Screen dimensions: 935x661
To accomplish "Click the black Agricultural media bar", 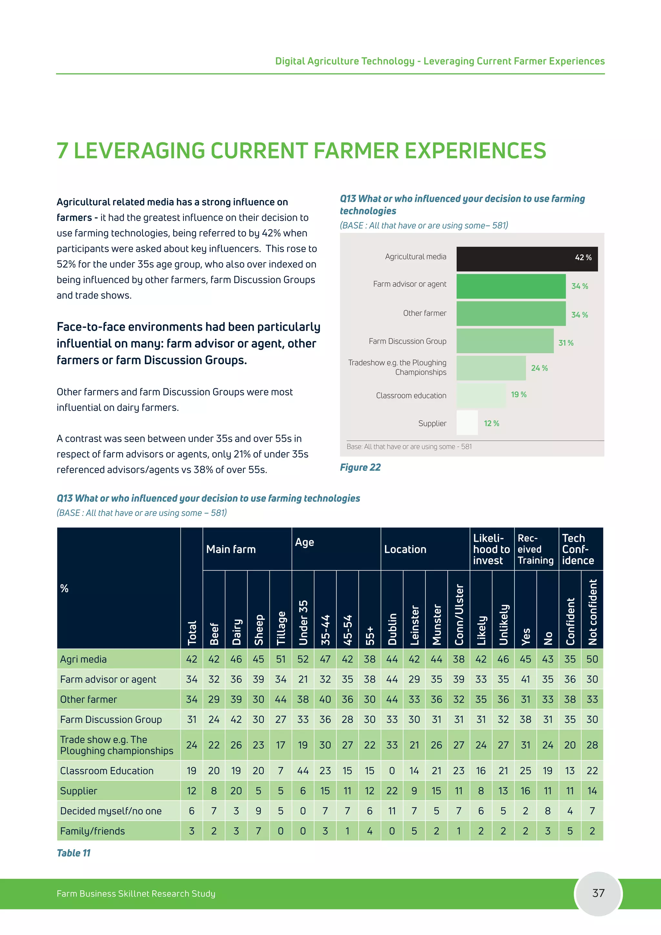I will [527, 259].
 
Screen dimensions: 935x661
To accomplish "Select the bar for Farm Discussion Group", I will [505, 341].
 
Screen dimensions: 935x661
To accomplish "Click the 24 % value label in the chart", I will [539, 368].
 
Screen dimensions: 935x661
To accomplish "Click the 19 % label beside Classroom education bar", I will [519, 395].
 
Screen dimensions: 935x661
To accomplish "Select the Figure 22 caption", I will [360, 467].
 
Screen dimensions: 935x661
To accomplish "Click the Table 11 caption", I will [74, 853].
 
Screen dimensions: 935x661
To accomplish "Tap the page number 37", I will [598, 893].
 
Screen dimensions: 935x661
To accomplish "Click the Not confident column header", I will [592, 612].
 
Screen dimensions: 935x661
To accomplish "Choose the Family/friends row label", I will [92, 831].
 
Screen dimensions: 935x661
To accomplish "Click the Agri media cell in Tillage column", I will [281, 659].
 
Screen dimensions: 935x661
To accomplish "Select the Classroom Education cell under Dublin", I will [392, 770].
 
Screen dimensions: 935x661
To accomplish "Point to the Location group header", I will [405, 550].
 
